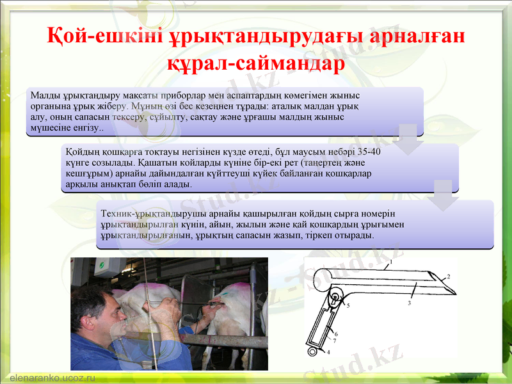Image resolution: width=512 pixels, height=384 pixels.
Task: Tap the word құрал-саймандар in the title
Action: [255, 64]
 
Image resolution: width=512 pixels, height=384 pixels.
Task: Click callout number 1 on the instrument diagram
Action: [390, 261]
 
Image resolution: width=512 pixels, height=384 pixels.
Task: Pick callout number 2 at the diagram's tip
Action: [449, 276]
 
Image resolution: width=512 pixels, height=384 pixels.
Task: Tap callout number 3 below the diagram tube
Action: [409, 303]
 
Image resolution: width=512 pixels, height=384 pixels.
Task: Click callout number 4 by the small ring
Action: [328, 352]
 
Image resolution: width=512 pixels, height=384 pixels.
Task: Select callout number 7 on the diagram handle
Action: [334, 341]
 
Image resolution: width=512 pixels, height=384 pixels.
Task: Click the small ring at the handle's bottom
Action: [312, 351]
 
